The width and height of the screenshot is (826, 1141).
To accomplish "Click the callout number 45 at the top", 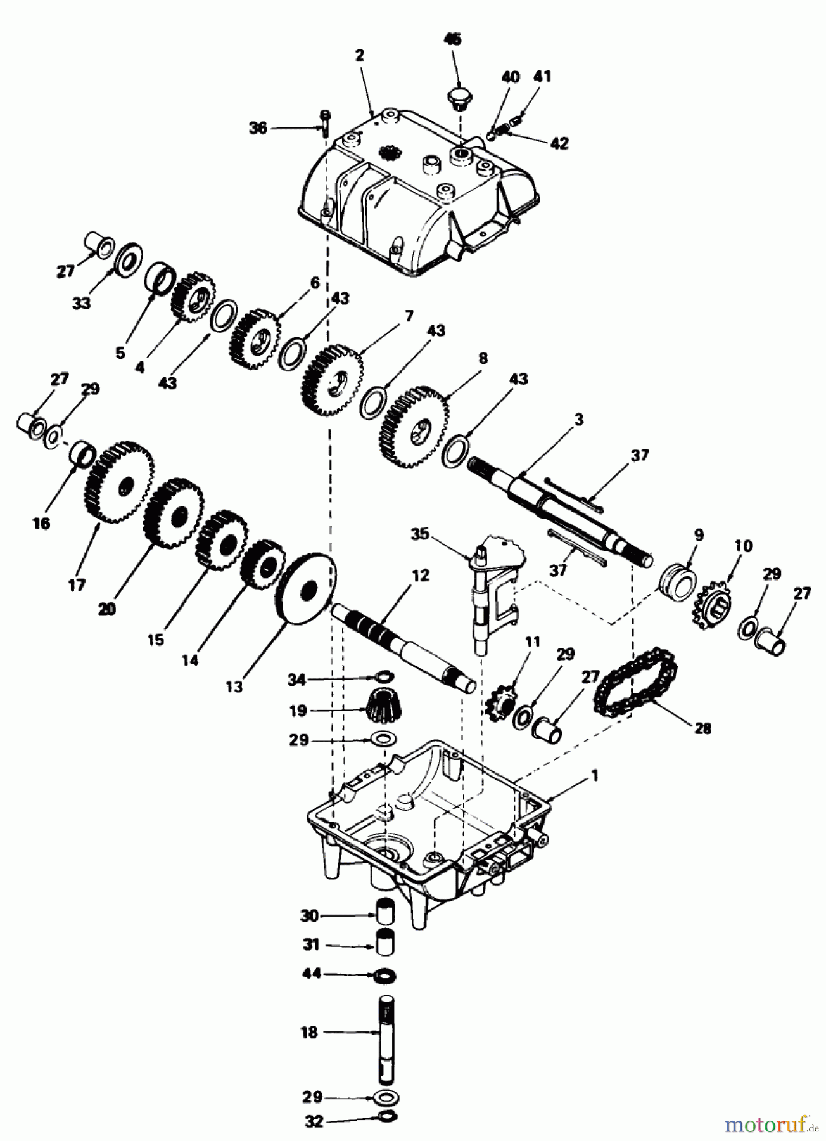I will (452, 39).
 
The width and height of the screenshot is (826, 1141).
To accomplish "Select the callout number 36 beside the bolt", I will (257, 128).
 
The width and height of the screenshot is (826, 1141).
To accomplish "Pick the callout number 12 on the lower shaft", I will (419, 576).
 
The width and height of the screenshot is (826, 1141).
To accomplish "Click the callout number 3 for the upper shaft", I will (578, 420).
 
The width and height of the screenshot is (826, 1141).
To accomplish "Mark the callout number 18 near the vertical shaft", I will (308, 1033).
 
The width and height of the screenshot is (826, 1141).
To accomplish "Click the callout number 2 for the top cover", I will (359, 55).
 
